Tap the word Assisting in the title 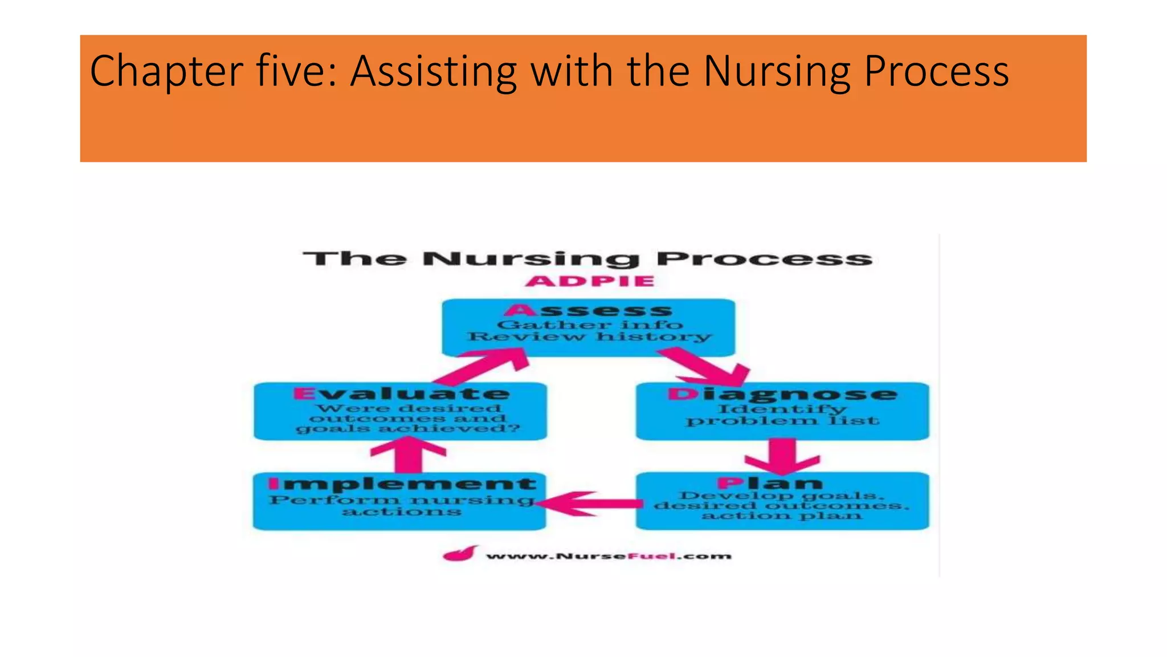pos(433,71)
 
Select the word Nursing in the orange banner pos(776,71)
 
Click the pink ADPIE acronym pos(590,281)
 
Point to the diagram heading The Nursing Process pos(587,259)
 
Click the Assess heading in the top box pos(589,311)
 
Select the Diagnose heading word pos(782,394)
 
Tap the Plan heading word pos(770,484)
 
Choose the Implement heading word pos(402,484)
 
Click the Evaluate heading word pos(402,394)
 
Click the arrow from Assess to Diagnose pos(707,368)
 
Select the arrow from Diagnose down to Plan pos(782,456)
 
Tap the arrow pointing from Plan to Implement pos(590,504)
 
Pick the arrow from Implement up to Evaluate pos(408,455)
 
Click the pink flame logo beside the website pos(459,554)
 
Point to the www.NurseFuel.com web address pos(608,556)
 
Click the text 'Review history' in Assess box pos(590,337)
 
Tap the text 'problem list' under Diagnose pos(782,421)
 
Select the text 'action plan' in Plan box pos(782,516)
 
